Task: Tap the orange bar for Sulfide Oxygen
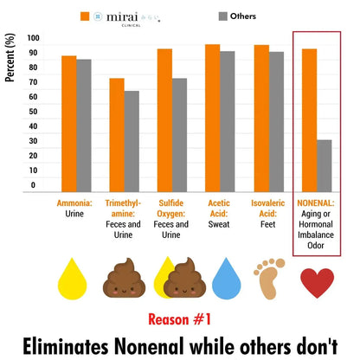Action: [164, 120]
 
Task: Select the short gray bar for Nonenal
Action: [324, 165]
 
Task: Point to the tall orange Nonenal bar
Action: [309, 120]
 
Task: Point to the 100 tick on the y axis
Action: [33, 39]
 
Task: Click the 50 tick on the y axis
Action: [33, 112]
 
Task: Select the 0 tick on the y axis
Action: [33, 184]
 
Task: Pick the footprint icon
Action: [268, 277]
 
